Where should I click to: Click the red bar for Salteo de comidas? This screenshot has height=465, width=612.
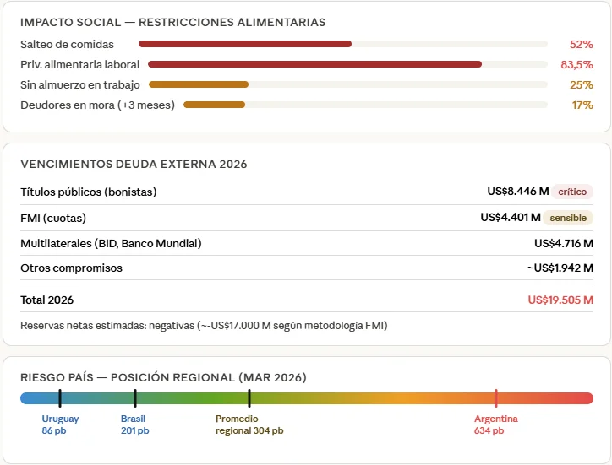click(x=245, y=44)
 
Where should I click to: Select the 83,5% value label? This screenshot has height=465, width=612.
click(x=576, y=64)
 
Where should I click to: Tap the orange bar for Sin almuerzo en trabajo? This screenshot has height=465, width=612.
click(x=199, y=84)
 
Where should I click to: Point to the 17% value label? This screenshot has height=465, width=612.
click(x=582, y=105)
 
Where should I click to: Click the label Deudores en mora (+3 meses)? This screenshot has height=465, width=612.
click(x=97, y=105)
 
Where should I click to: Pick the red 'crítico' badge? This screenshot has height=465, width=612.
click(x=572, y=192)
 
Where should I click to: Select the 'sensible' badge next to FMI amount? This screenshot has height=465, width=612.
click(x=568, y=218)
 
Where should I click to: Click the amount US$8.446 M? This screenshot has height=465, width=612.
click(x=518, y=191)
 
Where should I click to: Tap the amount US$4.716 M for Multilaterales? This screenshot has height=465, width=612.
click(x=564, y=244)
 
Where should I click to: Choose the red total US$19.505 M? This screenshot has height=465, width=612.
click(x=560, y=300)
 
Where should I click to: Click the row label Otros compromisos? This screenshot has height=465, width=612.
click(x=71, y=268)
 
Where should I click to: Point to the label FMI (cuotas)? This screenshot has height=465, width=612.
click(x=53, y=218)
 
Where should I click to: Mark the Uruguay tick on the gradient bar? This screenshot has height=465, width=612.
click(x=60, y=398)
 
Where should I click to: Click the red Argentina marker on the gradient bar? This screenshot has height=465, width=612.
click(x=496, y=398)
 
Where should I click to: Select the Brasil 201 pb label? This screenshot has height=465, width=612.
click(x=134, y=424)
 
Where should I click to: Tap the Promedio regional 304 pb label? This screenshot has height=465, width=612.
click(x=249, y=424)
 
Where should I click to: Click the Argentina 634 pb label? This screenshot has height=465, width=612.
click(x=495, y=424)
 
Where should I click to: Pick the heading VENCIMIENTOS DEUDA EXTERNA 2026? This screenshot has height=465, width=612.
click(x=134, y=164)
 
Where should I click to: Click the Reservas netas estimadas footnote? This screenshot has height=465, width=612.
click(x=204, y=326)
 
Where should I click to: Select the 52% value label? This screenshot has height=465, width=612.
click(x=582, y=45)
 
